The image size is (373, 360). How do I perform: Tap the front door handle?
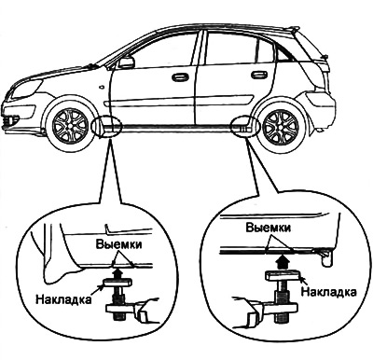(x=180, y=77)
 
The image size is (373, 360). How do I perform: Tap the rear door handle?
(x=258, y=75)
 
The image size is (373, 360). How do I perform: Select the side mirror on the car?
(x=126, y=62)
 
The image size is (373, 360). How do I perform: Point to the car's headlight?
(x=24, y=88)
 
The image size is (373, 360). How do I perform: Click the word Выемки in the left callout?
(x=118, y=244)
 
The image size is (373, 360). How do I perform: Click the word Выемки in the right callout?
(x=269, y=228)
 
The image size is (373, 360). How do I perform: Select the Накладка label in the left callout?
(x=64, y=299)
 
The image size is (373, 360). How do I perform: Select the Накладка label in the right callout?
(x=329, y=292)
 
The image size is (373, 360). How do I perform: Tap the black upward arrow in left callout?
(x=117, y=273)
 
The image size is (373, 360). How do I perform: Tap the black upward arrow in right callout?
(x=282, y=261)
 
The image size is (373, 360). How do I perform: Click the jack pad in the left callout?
(x=117, y=283)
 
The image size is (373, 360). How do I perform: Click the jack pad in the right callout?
(x=283, y=276)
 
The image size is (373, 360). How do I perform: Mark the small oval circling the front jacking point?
(x=107, y=127)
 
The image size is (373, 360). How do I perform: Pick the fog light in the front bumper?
(x=11, y=119)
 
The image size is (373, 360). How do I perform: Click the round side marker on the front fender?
(x=102, y=87)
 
